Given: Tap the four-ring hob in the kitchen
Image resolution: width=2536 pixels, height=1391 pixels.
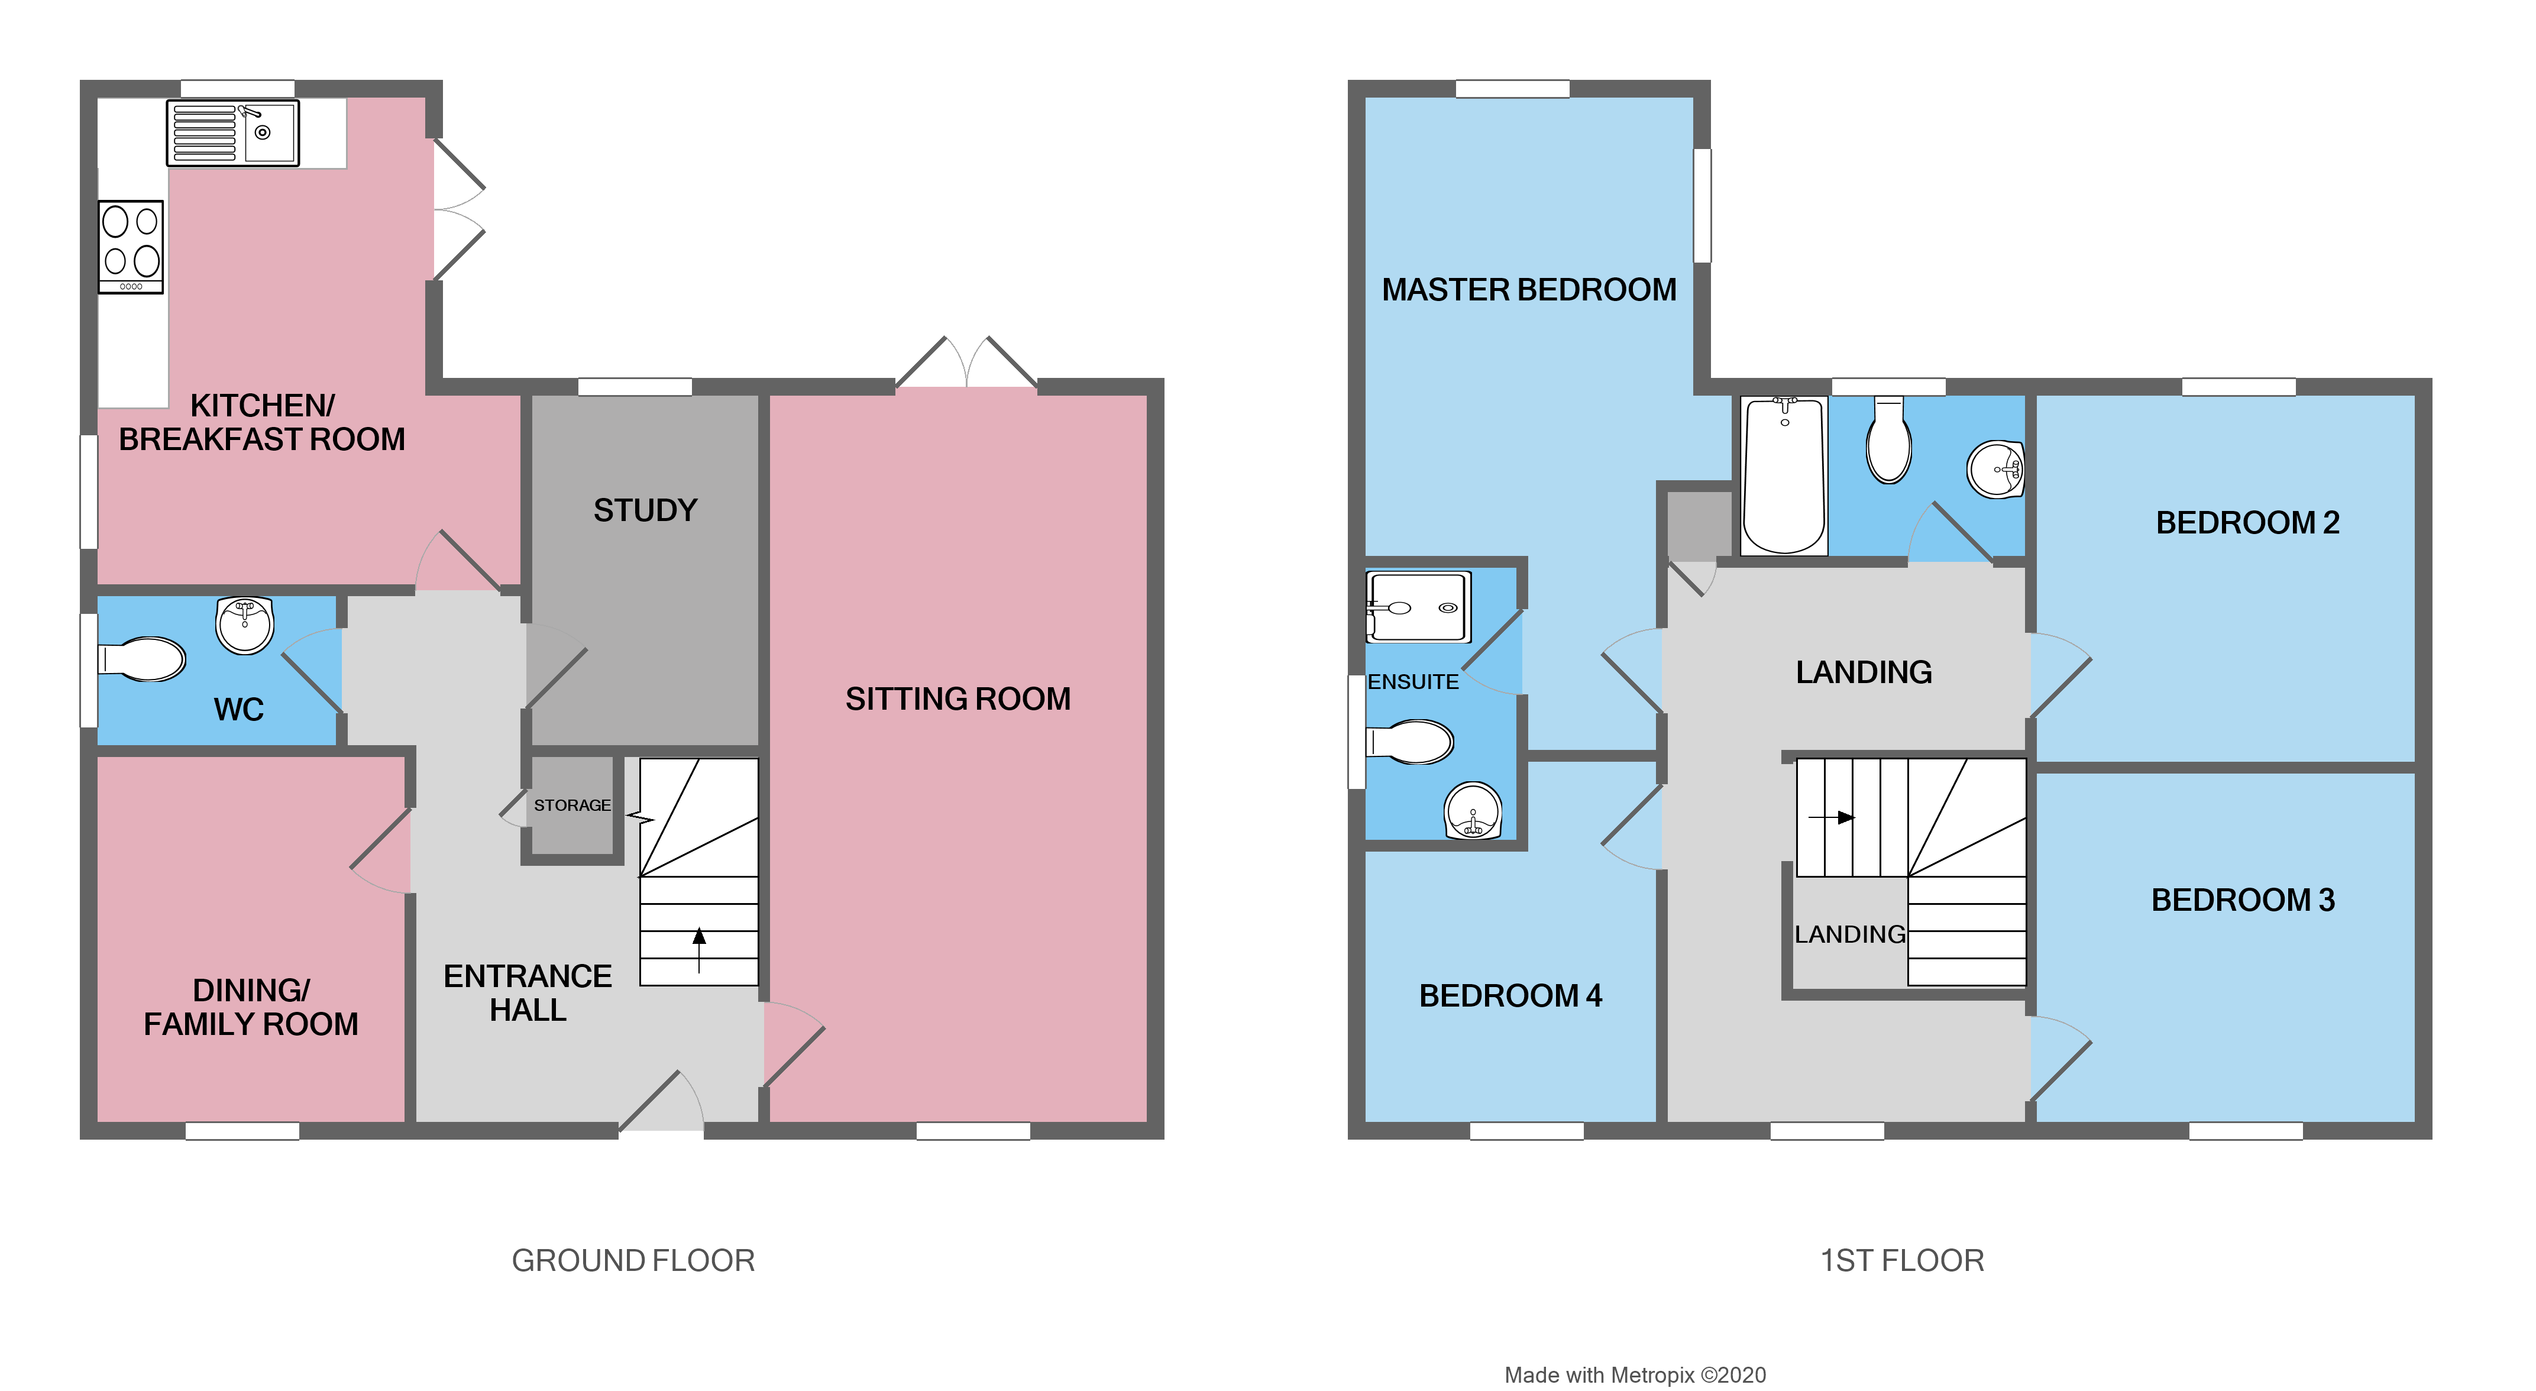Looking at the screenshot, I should (x=130, y=246).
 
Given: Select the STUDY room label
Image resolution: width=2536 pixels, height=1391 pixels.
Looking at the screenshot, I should (x=645, y=510).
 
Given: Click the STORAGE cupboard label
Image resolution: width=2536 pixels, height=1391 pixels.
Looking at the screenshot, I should (x=571, y=806).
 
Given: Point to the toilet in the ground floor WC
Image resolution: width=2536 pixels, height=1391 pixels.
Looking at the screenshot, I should (x=143, y=659).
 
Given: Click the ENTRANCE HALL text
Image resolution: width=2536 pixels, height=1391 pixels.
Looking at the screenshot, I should (x=528, y=992).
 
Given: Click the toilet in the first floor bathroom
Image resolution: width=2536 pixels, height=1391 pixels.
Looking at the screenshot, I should (x=1888, y=443).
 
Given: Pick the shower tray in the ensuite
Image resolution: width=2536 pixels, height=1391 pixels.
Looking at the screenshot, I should (x=1418, y=606).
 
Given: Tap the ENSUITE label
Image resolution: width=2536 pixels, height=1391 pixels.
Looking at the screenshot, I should (x=1413, y=681).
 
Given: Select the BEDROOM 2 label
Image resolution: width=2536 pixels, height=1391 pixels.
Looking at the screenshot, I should (x=2247, y=522).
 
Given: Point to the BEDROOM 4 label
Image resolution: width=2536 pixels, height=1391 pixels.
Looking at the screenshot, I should (x=1510, y=995).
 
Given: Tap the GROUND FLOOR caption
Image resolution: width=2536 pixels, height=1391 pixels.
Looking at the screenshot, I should (x=633, y=1260).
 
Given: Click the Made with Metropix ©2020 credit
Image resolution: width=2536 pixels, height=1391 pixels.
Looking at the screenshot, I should (x=1634, y=1375).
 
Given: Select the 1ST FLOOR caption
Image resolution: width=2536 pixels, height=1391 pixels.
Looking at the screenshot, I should (x=1901, y=1260).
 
